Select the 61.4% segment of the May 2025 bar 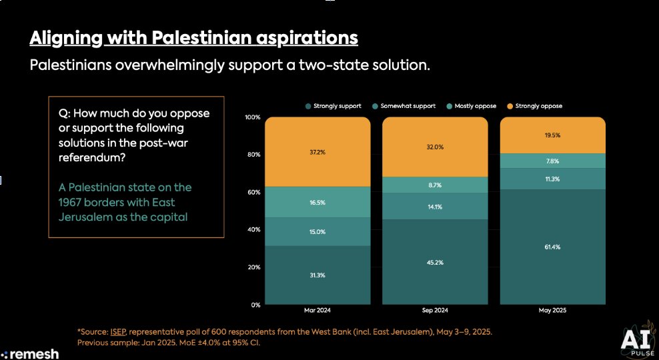553,247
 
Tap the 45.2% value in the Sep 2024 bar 435,261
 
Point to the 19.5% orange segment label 553,135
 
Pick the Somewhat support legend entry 406,106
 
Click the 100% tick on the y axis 253,117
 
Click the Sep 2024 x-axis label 435,311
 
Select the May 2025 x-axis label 553,311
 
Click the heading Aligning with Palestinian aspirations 193,38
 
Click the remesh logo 30,354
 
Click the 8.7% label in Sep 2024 435,185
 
